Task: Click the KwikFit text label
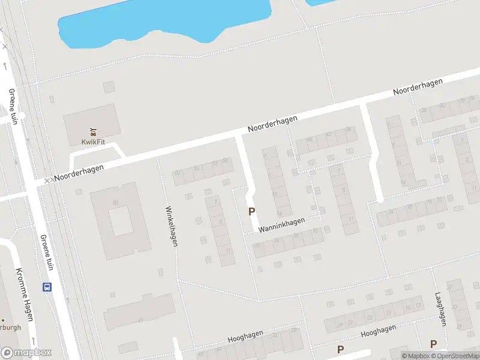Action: [92, 142]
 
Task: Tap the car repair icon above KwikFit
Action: [92, 131]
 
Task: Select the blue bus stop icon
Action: [47, 287]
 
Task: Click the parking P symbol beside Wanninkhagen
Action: [252, 211]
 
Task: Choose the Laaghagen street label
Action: [440, 309]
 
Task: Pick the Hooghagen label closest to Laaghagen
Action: [379, 332]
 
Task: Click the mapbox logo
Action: [26, 353]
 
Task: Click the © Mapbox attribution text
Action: [415, 356]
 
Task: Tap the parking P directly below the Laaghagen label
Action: [433, 344]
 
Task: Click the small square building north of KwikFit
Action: [109, 87]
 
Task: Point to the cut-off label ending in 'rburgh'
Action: [10, 328]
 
